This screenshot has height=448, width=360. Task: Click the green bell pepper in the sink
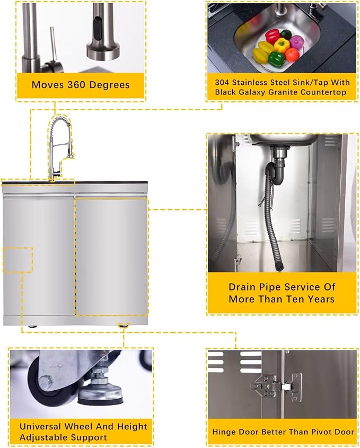276,59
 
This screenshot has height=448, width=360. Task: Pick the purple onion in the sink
296,42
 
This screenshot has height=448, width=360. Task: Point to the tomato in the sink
292,55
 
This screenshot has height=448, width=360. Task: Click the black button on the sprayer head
98,27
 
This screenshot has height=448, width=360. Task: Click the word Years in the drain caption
321,299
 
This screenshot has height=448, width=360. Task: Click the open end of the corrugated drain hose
279,267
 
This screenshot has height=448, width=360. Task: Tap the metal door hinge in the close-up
277,387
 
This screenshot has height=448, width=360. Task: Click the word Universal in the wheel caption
41,426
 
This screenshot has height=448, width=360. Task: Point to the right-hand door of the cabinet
112,256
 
